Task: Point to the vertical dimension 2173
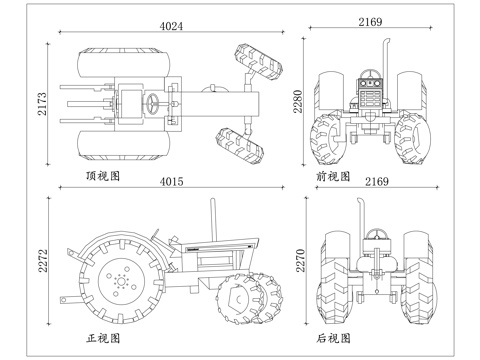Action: pos(41,103)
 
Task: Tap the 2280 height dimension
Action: pos(298,102)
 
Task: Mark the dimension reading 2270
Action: pos(298,262)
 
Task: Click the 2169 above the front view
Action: pos(372,21)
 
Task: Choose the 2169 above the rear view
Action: pos(376,181)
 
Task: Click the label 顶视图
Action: pos(103,176)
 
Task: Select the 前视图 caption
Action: pos(333,176)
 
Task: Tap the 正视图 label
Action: pos(103,339)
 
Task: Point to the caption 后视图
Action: pos(333,339)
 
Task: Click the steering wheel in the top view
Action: pos(153,103)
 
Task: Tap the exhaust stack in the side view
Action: pos(211,222)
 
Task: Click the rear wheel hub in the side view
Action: pos(122,281)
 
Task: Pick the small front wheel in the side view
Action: pos(241,297)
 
